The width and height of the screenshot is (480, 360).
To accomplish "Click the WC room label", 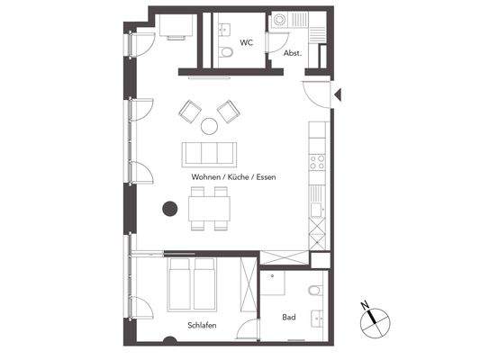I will [245, 41].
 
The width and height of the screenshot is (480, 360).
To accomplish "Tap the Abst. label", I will [292, 53].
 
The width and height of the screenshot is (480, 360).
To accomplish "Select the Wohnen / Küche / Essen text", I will [233, 177].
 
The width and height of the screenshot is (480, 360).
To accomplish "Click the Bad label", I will [289, 318].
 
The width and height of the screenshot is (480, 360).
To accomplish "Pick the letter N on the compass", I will [365, 305].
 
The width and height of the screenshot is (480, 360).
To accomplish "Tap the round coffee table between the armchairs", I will [209, 125].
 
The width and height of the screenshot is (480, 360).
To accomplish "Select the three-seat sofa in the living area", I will [210, 151].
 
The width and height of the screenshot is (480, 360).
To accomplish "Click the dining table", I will [209, 211].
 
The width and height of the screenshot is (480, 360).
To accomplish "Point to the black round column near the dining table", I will [168, 210].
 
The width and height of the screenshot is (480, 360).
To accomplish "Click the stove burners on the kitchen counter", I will [318, 162].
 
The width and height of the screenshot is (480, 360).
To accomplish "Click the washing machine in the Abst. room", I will [281, 19].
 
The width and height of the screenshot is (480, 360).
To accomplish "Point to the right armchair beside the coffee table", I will [228, 110].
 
